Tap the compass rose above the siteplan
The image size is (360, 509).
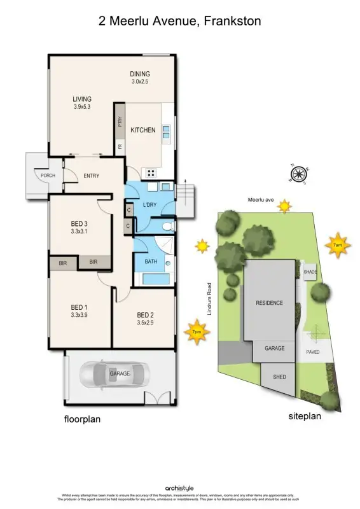coord(298,174)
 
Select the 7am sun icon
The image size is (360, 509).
coord(337,244)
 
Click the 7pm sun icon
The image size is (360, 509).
coord(197,332)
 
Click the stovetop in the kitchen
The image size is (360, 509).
coord(152,172)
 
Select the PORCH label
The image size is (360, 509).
coord(48,175)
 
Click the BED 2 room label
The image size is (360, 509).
coord(146,315)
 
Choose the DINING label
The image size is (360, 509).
coord(140,74)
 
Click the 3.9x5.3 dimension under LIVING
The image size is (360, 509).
coord(83,107)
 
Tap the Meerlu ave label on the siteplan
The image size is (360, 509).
coord(261,201)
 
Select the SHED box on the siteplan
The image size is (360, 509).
coord(280,377)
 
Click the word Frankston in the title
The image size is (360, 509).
coord(231,22)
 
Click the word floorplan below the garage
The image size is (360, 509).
coord(82,419)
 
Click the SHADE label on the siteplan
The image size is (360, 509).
coord(310,272)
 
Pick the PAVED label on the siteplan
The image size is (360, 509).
coord(312,351)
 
